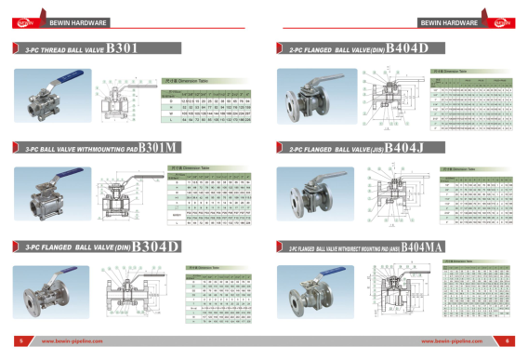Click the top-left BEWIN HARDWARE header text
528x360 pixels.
click(74, 20)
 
